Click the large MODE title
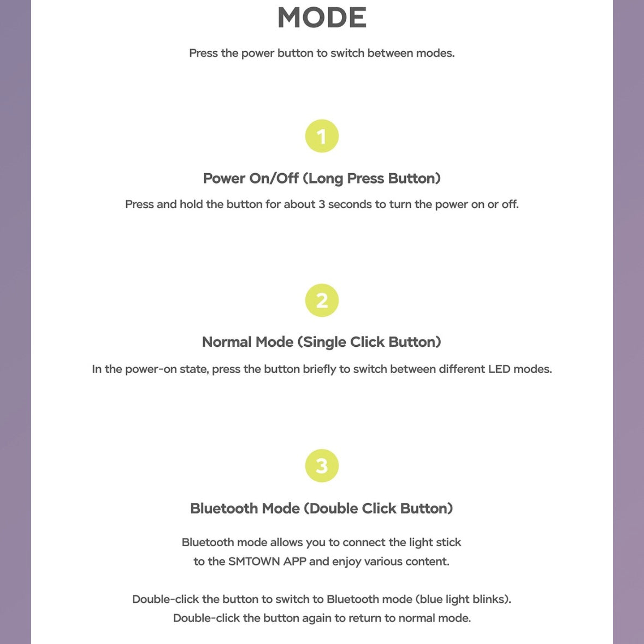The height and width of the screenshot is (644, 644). [322, 17]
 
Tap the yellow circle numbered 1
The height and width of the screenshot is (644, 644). [322, 136]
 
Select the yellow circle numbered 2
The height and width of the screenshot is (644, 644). [322, 300]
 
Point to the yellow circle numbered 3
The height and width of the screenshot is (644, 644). [322, 466]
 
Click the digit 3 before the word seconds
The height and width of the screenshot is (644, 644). [322, 204]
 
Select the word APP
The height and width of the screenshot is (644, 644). [294, 562]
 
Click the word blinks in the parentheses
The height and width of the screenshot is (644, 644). [491, 599]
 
